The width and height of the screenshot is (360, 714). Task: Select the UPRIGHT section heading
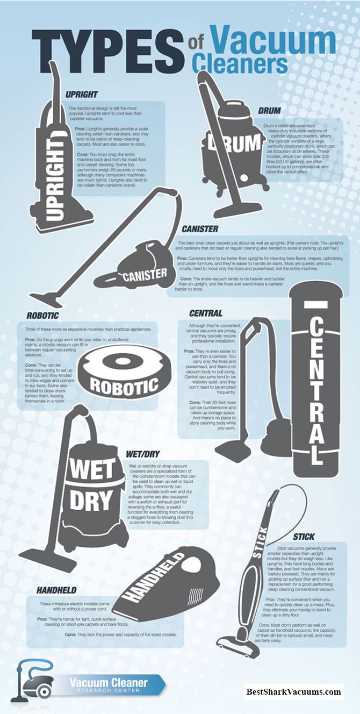tap(81, 94)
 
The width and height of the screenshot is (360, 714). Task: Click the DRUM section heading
tap(269, 111)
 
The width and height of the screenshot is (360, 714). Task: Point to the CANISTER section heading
tap(200, 229)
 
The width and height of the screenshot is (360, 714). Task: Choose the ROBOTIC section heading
tap(42, 316)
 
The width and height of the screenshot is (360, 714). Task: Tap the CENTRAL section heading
tap(205, 313)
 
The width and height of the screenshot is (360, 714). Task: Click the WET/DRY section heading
tap(143, 454)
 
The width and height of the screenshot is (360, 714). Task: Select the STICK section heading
tap(304, 537)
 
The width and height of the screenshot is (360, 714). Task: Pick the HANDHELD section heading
tap(56, 590)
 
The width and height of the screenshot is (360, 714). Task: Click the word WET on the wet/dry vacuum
tap(92, 469)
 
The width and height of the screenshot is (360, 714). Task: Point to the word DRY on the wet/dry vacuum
tap(91, 499)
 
